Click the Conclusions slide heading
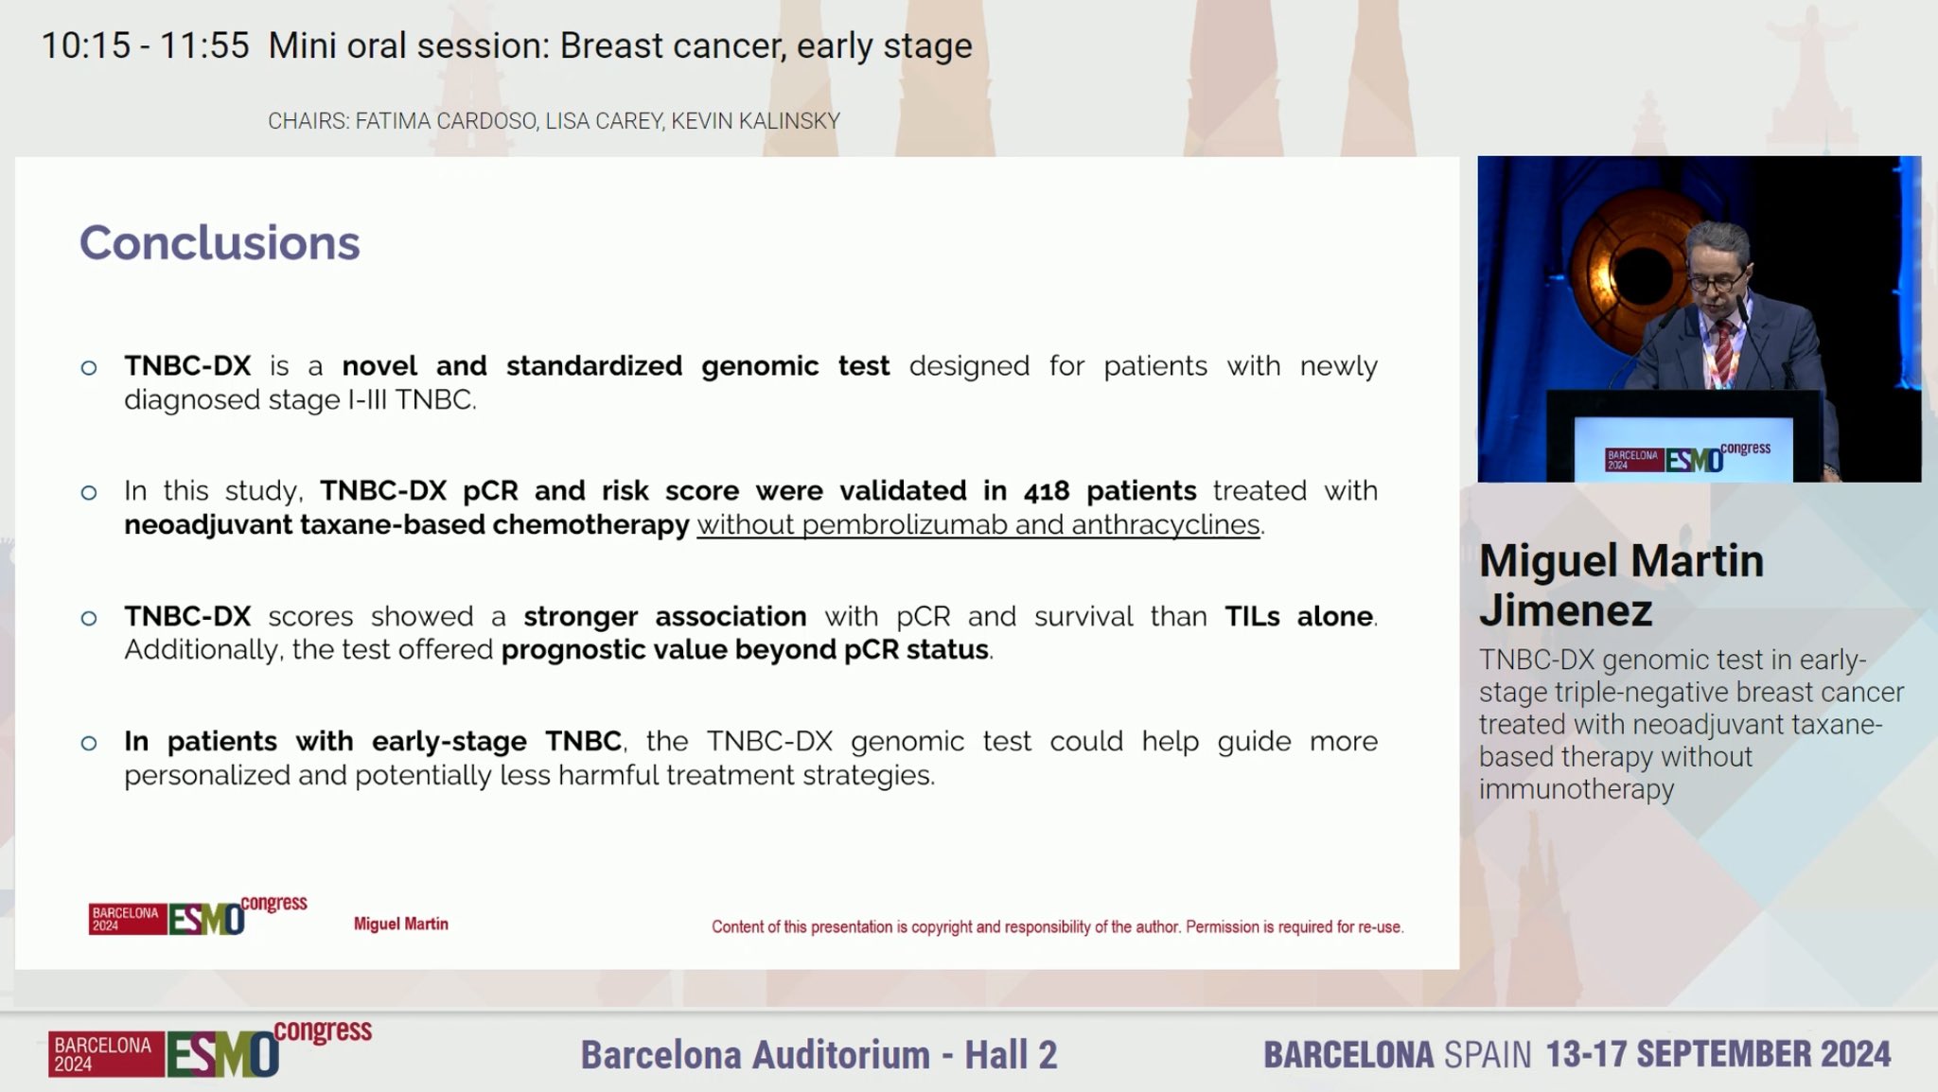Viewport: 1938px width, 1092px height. pos(220,243)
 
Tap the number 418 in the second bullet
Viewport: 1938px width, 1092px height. pos(1046,491)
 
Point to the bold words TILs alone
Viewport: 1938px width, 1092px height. pos(1299,616)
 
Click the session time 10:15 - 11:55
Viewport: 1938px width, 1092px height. pos(146,45)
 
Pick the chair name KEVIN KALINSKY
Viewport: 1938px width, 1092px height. pos(756,121)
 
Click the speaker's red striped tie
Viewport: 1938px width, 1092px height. pos(1724,350)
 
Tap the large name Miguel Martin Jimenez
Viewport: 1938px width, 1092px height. pos(1622,585)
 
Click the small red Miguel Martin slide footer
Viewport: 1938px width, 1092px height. pos(401,924)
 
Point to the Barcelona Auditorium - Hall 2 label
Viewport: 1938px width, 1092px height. pos(819,1054)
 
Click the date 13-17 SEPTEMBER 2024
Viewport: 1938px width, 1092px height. pos(1718,1054)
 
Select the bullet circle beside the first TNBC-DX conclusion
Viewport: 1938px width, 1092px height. pos(89,368)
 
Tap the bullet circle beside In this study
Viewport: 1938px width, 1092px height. pos(89,493)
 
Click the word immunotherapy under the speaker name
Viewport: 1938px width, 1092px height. pos(1577,789)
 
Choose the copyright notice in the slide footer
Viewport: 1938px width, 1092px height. pos(1058,927)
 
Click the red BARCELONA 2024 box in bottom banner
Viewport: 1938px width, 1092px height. pos(106,1054)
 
